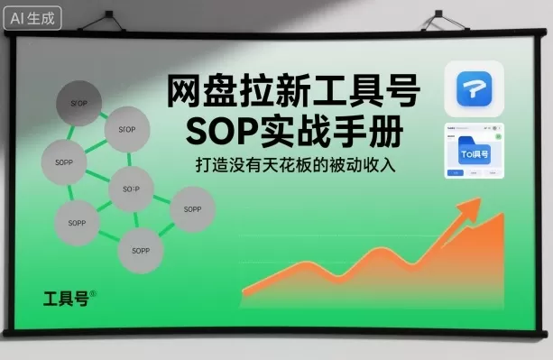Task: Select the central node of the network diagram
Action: click(x=131, y=189)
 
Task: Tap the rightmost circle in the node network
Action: click(x=192, y=209)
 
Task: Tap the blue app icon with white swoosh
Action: click(x=474, y=87)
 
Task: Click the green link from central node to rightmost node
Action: click(x=161, y=198)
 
